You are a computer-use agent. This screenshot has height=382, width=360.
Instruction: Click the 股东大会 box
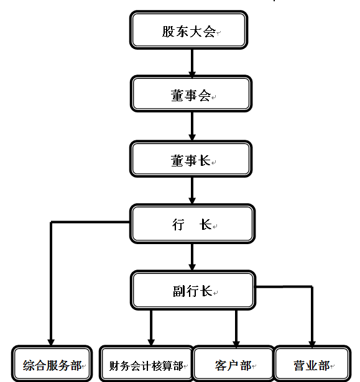(x=188, y=30)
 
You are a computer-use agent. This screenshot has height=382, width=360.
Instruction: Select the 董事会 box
(x=191, y=94)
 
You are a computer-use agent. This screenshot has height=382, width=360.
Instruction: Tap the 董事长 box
(x=191, y=159)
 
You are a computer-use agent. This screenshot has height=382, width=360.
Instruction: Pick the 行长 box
(x=193, y=224)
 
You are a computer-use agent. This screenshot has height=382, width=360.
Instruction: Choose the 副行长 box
(x=193, y=290)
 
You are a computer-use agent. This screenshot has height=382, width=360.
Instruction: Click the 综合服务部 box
(x=52, y=363)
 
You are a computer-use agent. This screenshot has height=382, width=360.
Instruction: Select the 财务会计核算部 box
(x=146, y=363)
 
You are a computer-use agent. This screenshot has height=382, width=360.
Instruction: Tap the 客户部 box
(x=233, y=363)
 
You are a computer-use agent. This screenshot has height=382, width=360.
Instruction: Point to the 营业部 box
(x=313, y=363)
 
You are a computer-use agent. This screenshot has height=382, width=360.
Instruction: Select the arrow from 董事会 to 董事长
(x=192, y=126)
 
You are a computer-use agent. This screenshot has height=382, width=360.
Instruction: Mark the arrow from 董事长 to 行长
(x=192, y=191)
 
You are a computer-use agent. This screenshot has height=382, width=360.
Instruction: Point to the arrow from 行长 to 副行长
(x=192, y=257)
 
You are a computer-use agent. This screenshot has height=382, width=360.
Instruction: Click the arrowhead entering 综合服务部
(x=51, y=342)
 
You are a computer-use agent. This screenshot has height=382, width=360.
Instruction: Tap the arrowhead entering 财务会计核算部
(x=151, y=342)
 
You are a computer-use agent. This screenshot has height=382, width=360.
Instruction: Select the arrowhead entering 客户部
(x=236, y=342)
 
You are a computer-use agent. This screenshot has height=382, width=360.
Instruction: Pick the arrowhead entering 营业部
(x=312, y=342)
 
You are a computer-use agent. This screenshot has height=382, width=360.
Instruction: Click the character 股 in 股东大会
(x=168, y=32)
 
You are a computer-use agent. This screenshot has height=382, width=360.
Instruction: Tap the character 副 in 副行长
(x=179, y=291)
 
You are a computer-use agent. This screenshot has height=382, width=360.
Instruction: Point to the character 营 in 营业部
(x=299, y=365)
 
